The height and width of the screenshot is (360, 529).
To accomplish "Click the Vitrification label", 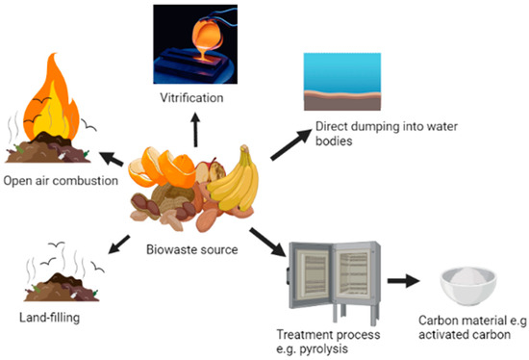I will (x=196, y=99).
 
